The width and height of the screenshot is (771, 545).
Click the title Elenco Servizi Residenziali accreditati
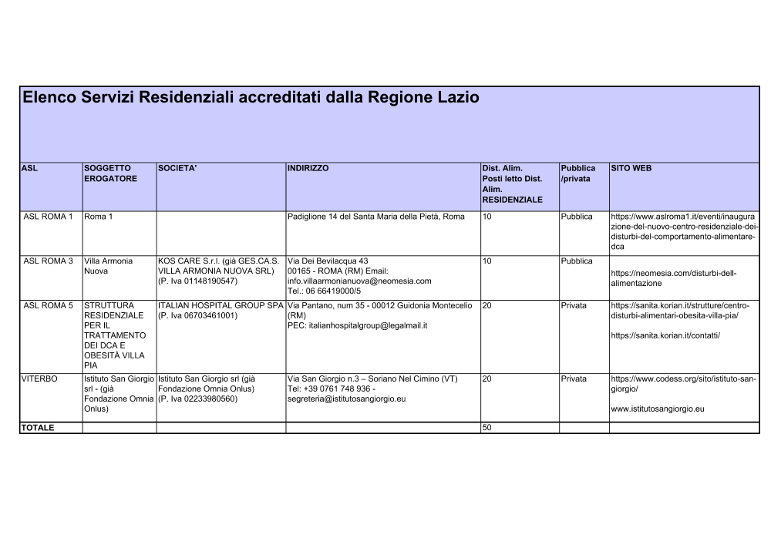[x=251, y=98]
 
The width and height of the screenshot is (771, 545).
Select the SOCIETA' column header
[x=177, y=168]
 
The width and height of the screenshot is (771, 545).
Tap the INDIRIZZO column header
[x=308, y=168]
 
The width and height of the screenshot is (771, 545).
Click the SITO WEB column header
[x=631, y=168]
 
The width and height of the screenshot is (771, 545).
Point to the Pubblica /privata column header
[x=578, y=173]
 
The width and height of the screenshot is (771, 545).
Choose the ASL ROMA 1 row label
[x=48, y=217]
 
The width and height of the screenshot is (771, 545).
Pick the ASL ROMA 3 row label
[x=48, y=261]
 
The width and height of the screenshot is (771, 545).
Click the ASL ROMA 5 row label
[x=48, y=306]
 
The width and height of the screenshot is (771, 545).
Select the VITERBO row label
[x=39, y=379]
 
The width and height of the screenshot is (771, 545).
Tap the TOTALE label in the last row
[x=38, y=428]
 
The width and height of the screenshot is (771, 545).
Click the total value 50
[x=487, y=428]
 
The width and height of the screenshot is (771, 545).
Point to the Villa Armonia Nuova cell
[x=108, y=266]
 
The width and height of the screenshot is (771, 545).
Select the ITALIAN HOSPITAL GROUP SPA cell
[x=221, y=306]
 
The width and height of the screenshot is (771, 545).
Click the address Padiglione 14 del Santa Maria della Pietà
[x=375, y=217]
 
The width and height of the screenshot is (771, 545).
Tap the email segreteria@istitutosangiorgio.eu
[x=346, y=399]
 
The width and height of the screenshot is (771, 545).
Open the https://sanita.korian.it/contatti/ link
[x=665, y=336]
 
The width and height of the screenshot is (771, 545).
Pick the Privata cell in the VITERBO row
[x=574, y=379]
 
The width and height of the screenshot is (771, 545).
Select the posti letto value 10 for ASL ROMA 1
[x=487, y=217]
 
